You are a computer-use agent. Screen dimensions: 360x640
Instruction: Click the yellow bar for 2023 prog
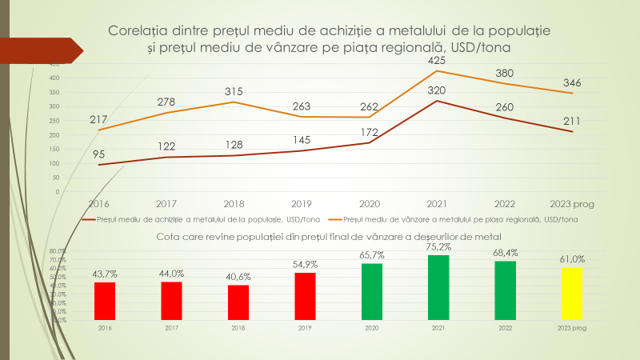572,293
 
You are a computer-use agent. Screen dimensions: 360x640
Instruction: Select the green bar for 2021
438,287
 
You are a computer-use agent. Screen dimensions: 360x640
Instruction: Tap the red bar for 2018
238,302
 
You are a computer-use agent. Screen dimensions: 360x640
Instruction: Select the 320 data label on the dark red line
438,90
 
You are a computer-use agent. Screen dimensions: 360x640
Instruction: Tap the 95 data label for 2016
98,154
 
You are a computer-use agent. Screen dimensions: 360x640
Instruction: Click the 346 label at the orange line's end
571,82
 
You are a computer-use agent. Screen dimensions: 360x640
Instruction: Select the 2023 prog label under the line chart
571,204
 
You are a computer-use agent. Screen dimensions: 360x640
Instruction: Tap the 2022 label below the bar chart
505,327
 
